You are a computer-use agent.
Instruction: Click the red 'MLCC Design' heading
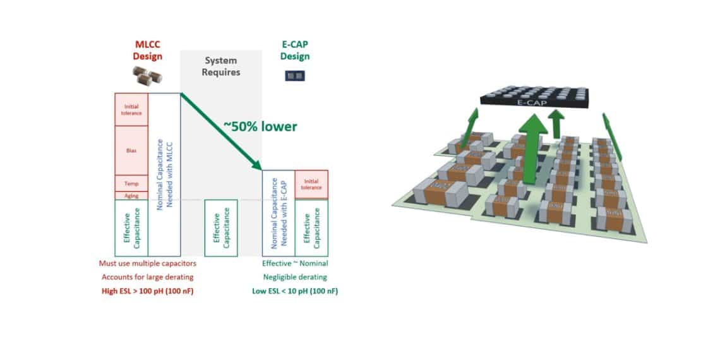point(148,51)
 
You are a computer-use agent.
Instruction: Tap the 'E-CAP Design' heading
point(295,51)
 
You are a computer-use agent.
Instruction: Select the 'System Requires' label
point(220,66)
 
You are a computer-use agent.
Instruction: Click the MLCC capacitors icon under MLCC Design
point(147,76)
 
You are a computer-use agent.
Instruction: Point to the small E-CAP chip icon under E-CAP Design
point(295,76)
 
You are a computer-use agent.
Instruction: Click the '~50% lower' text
point(260,126)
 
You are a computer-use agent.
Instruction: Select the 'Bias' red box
point(131,150)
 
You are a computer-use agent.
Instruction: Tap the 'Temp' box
point(131,183)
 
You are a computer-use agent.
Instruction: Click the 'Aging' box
point(131,196)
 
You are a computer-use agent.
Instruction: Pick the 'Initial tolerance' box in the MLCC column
point(131,109)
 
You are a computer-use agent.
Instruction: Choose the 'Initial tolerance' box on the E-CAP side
point(311,184)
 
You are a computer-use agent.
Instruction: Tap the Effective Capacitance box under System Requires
point(221,227)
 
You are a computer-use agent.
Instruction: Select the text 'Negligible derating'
point(295,277)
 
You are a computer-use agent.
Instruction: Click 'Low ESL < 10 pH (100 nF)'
point(295,291)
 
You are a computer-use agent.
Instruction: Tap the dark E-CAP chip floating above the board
point(534,96)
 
